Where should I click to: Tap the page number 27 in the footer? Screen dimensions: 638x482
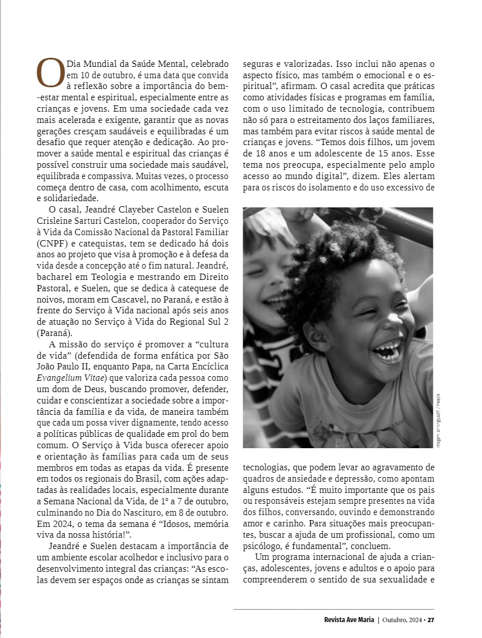coord(431,619)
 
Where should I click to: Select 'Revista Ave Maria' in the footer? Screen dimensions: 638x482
coord(345,619)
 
